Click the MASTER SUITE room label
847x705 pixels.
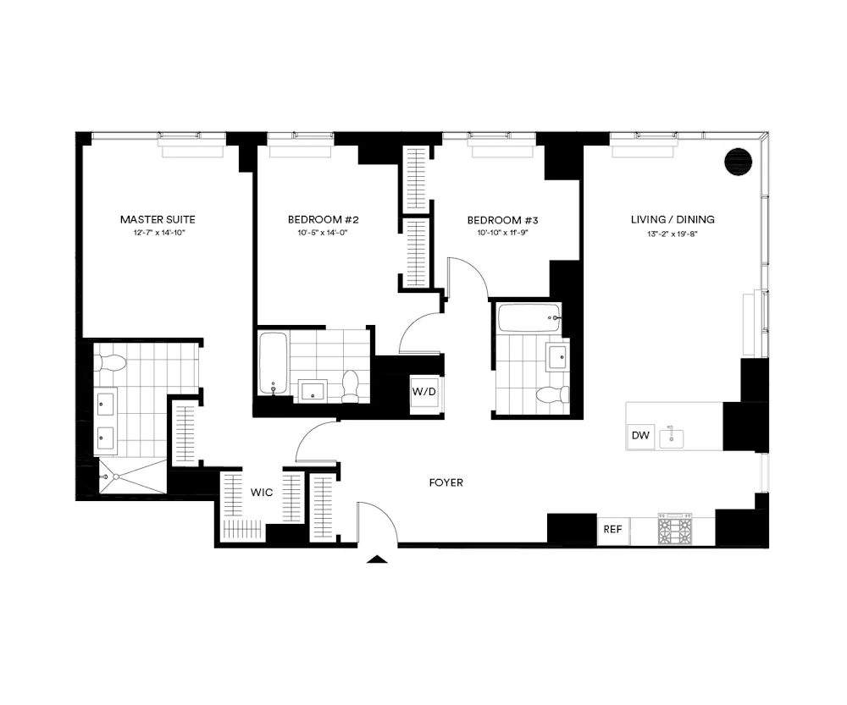(x=158, y=219)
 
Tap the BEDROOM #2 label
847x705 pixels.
(x=329, y=219)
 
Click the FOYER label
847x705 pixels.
(x=446, y=482)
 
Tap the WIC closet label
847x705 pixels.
(x=261, y=493)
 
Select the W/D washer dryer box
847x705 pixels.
(x=425, y=393)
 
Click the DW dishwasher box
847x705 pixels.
(x=640, y=437)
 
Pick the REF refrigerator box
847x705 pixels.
(x=612, y=530)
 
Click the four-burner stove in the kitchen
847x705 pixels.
(x=675, y=531)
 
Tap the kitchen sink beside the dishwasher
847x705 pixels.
(x=675, y=437)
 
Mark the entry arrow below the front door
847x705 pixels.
(x=377, y=558)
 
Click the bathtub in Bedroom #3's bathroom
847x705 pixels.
(x=529, y=318)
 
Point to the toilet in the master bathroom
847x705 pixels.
(x=111, y=362)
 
